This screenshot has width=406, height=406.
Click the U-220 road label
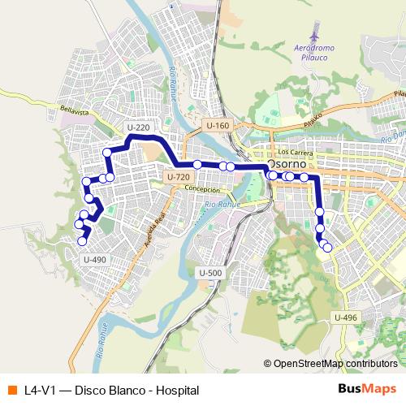(x=139, y=127)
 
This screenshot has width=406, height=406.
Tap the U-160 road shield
(x=218, y=126)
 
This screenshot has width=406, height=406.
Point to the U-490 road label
(x=95, y=259)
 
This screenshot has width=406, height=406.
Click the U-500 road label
(x=209, y=273)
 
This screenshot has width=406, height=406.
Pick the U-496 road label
(x=345, y=317)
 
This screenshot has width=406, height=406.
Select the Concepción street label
(x=202, y=188)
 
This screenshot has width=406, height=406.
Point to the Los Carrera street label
(x=295, y=151)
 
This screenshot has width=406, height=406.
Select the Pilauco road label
(x=313, y=121)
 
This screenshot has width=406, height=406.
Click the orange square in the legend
(x=11, y=390)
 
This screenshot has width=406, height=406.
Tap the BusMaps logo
(x=367, y=390)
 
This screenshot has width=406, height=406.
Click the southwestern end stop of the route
(x=81, y=240)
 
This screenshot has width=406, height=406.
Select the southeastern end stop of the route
(x=327, y=248)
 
